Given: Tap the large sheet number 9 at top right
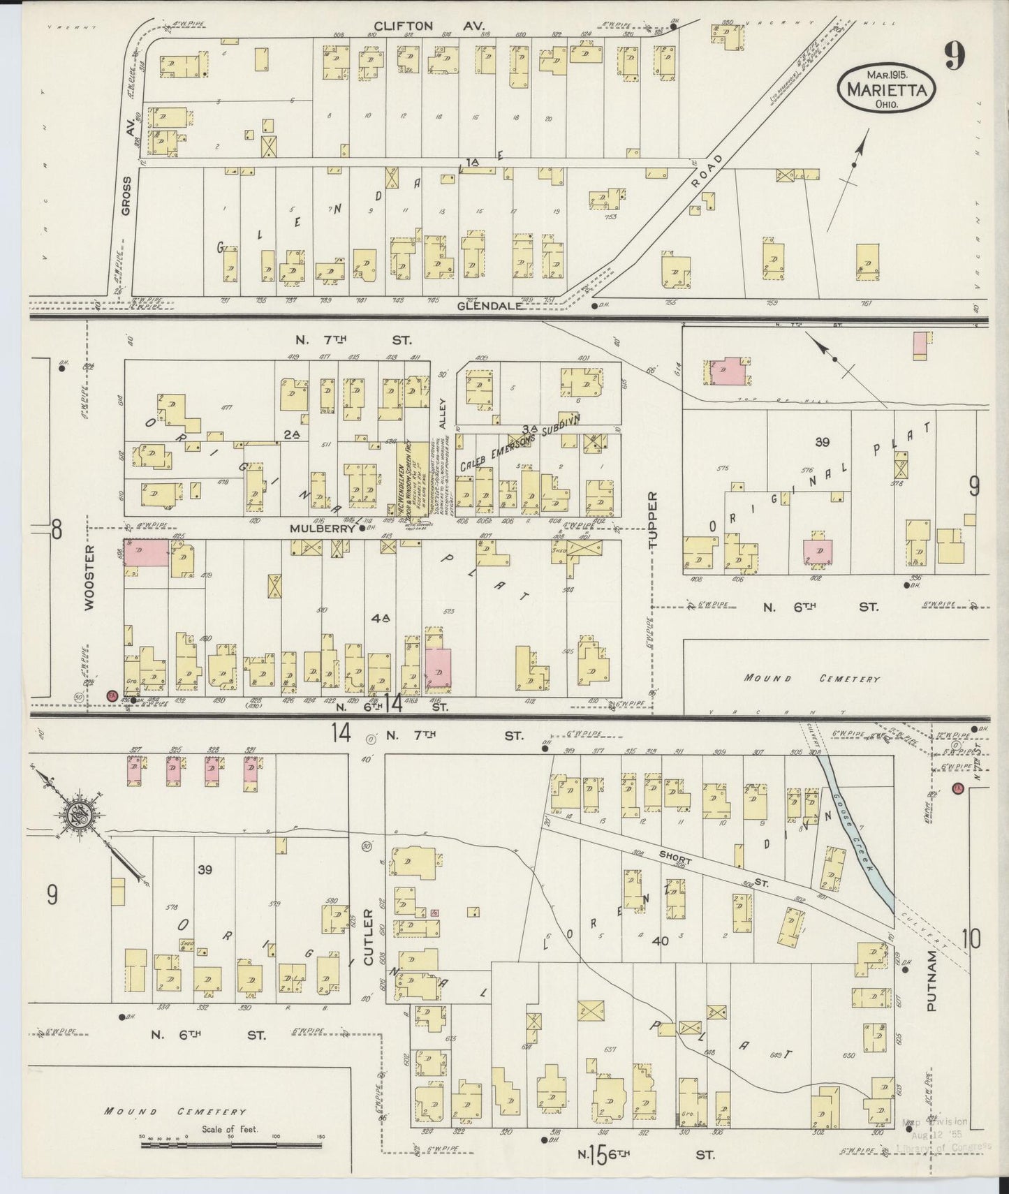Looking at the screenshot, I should (x=955, y=56).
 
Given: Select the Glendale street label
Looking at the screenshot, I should (x=490, y=305).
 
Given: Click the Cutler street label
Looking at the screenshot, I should (x=369, y=936).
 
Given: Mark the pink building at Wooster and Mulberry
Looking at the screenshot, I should (x=146, y=552).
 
